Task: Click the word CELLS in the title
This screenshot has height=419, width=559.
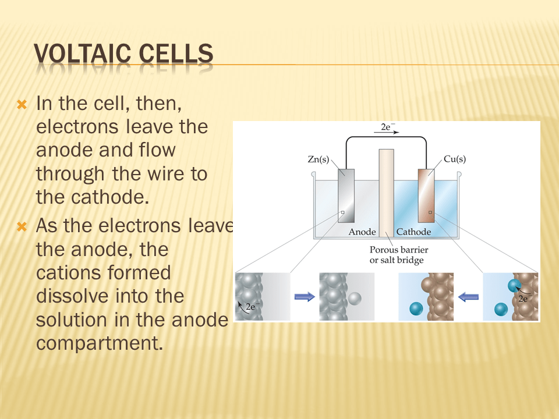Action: click(176, 54)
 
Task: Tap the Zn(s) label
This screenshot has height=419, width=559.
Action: click(319, 159)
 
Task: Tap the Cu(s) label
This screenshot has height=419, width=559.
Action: click(455, 159)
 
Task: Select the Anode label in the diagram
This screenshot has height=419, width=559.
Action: click(362, 232)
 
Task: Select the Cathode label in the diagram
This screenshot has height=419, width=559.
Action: click(413, 232)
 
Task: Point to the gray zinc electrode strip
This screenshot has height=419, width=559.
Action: click(346, 196)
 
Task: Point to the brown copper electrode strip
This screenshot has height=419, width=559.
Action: click(426, 196)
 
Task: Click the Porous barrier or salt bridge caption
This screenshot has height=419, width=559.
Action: click(398, 255)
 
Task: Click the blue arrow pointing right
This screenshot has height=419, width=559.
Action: click(305, 296)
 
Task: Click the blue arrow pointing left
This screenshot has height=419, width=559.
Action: click(468, 296)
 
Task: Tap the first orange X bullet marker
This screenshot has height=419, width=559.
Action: click(22, 104)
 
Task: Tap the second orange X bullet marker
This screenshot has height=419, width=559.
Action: click(22, 226)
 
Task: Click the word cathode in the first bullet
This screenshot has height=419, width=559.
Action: click(110, 197)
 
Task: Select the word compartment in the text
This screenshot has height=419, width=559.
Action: click(100, 343)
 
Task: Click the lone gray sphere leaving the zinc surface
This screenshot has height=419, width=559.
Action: click(355, 298)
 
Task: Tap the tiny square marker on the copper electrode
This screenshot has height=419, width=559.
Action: click(430, 212)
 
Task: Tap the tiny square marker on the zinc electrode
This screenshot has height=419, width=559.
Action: click(342, 212)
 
